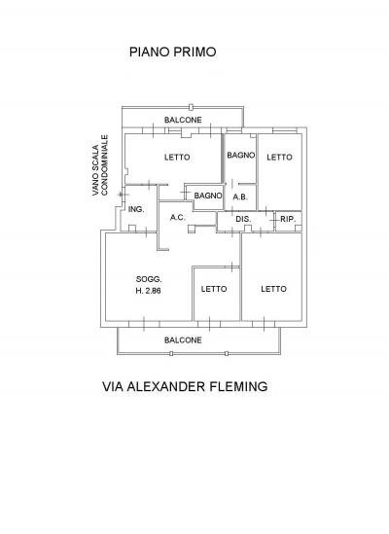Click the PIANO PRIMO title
pos(173,53)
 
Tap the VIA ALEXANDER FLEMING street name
pos(185,386)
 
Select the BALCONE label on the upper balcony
pos(183,120)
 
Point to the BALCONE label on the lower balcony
pos(183,340)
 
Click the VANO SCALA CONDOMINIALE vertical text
pos(100,165)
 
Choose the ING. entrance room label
pos(136,209)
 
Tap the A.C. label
pos(177,217)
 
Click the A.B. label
pos(240,196)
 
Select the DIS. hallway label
pos(243,219)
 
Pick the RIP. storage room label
pos(288,219)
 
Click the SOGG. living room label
pos(149,279)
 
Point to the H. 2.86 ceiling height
pos(148,291)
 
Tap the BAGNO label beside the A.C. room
pos(208,196)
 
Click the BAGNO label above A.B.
pos(241,156)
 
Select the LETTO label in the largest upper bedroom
pos(177,158)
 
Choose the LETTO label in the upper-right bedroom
pos(279,158)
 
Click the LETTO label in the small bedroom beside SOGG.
pos(214,289)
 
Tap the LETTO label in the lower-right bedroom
pos(273,289)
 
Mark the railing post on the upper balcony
pos(191,107)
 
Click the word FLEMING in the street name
pos(238,386)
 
